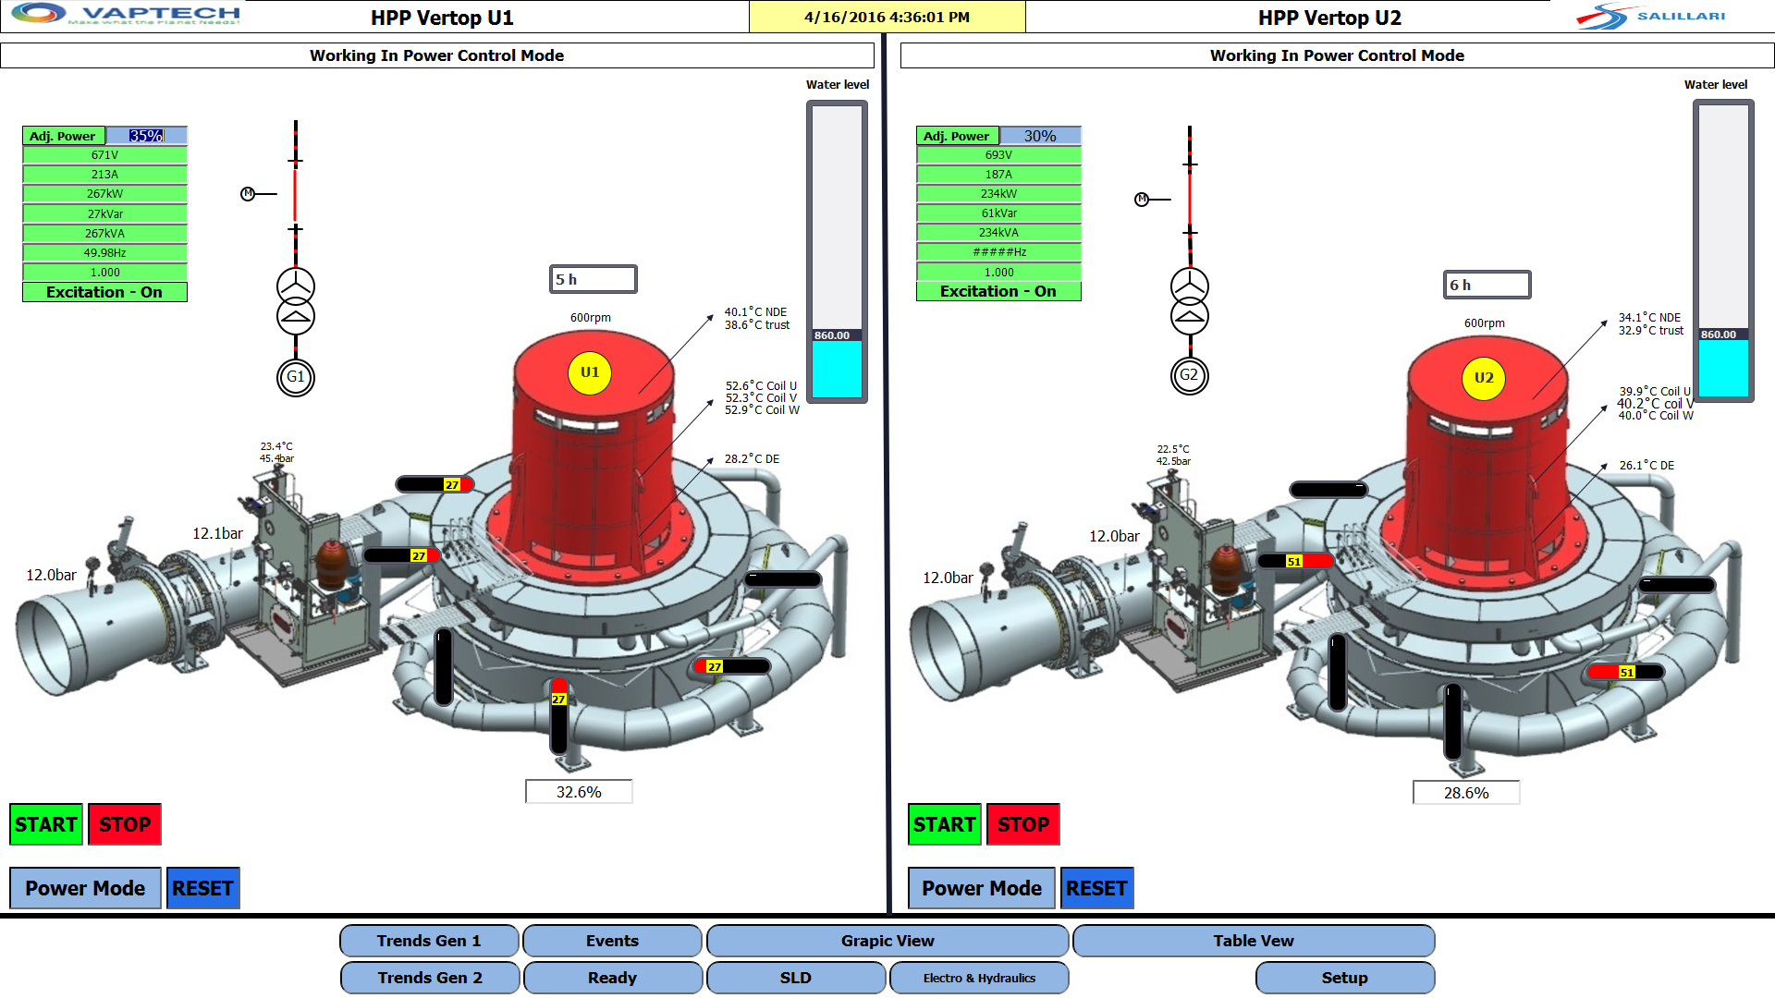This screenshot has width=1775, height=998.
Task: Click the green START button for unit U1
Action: point(46,824)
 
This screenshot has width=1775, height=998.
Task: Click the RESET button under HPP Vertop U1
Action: point(202,888)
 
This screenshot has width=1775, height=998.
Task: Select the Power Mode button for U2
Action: point(981,888)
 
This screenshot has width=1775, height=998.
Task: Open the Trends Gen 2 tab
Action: point(429,978)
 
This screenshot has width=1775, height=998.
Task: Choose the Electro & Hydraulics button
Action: point(979,978)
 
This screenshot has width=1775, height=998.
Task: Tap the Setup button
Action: point(1344,978)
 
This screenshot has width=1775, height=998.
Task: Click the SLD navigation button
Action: point(795,978)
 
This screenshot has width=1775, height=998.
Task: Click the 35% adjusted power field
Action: point(146,136)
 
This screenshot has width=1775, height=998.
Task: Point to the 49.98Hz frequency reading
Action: point(104,252)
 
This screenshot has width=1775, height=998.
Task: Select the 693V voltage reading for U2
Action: point(998,155)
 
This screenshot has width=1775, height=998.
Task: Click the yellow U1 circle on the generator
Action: point(590,372)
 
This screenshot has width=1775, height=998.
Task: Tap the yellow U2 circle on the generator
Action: point(1483,378)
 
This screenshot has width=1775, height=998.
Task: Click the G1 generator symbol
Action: point(296,377)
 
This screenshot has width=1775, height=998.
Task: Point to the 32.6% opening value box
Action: point(579,792)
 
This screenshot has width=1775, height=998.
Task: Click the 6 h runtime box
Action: point(1487,285)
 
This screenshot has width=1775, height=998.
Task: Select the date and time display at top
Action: point(887,17)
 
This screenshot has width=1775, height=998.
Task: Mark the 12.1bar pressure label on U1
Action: point(217,533)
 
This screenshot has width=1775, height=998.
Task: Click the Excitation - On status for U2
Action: point(998,291)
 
